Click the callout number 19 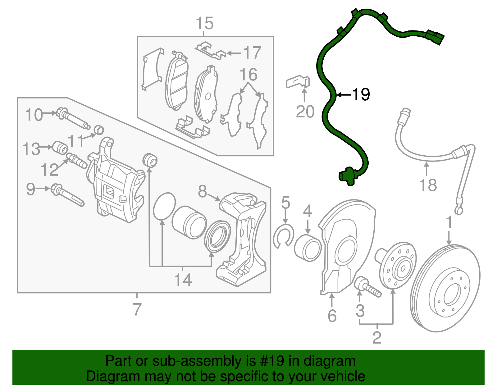(361, 94)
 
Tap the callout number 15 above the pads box (205, 24)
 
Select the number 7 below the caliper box (137, 309)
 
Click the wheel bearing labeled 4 (308, 248)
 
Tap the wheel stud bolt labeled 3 (368, 288)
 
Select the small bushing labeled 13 (60, 147)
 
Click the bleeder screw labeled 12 (76, 160)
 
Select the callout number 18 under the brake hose (428, 185)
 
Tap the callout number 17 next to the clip (252, 53)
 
